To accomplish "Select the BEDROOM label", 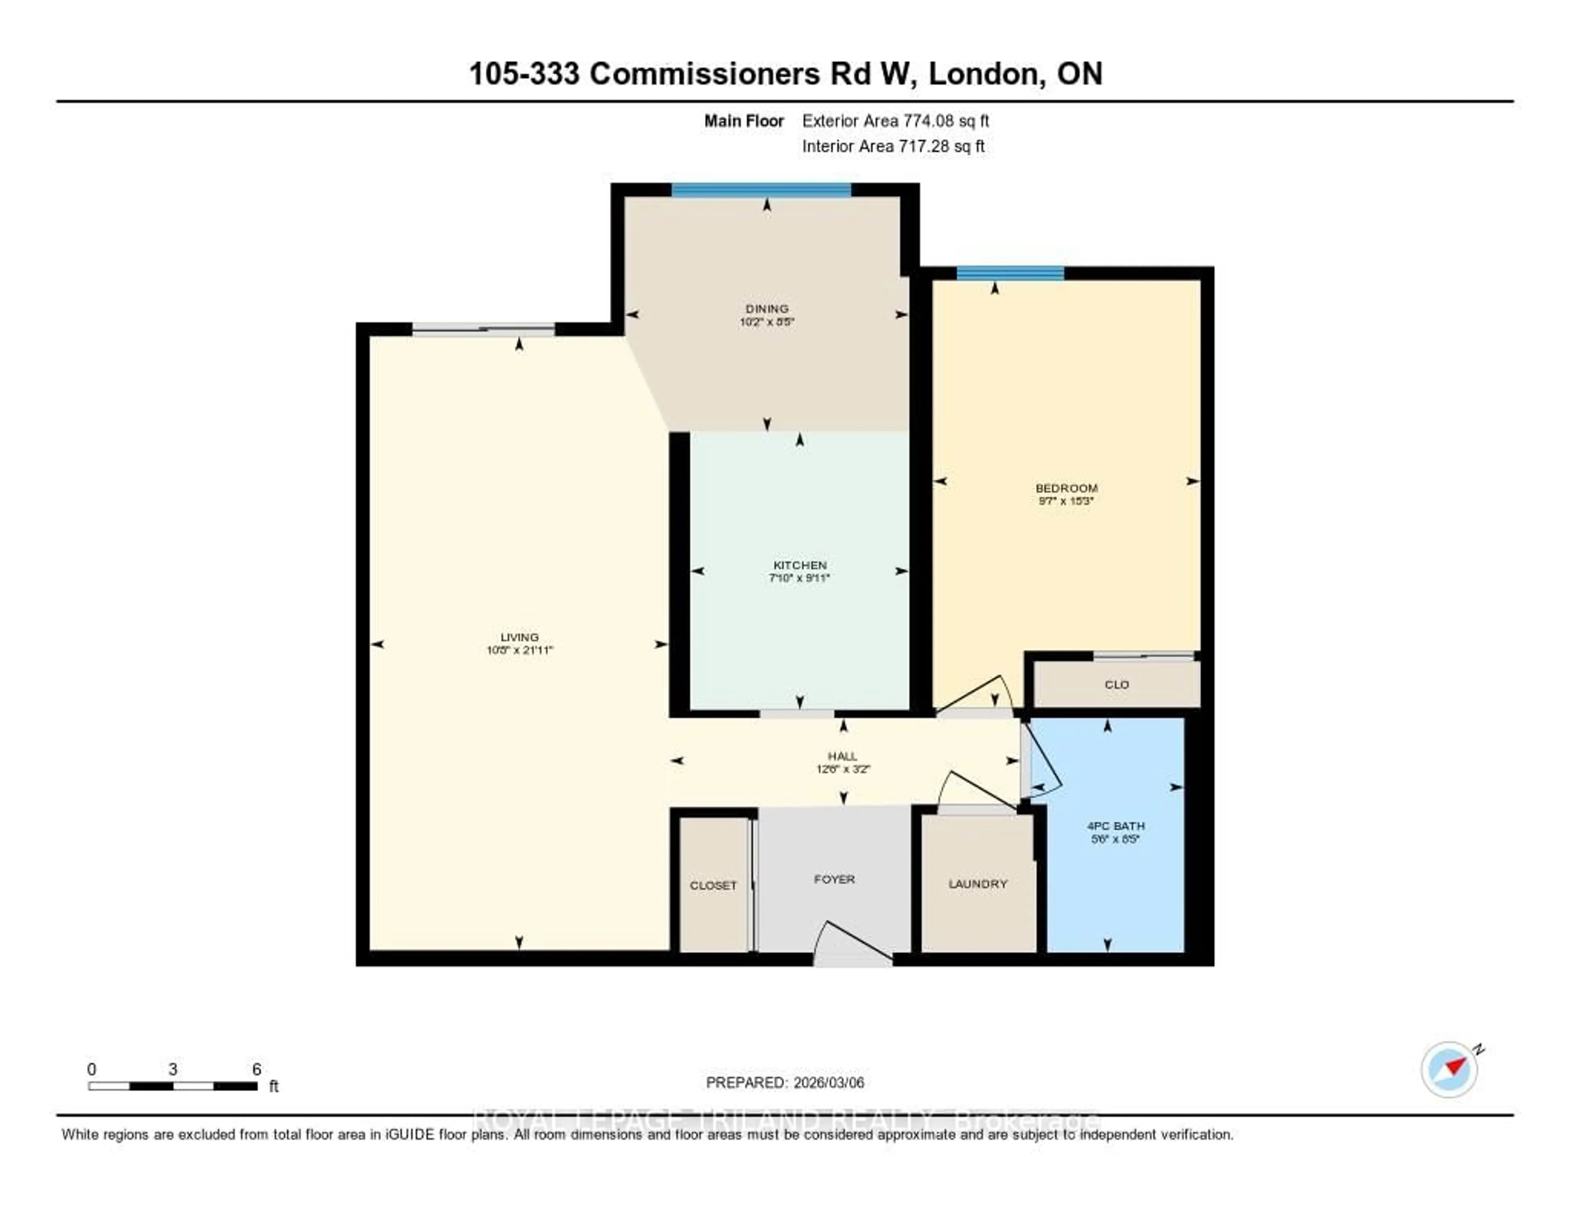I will pos(1066,488).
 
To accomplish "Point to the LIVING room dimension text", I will pos(519,650).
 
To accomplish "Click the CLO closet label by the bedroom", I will pos(1117,685).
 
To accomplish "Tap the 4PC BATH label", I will pos(1116,826).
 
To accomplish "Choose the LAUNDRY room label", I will pos(978,884).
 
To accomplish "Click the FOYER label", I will pos(834,878).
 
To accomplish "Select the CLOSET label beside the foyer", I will pos(713,885).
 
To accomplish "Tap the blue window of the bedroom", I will pos(1010,273).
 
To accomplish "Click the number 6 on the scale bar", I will pos(257,1069).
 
